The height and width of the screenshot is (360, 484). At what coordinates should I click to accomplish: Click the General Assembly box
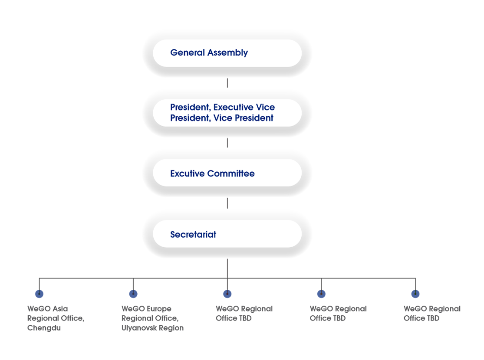tap(227, 53)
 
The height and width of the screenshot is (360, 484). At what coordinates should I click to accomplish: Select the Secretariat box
tap(227, 234)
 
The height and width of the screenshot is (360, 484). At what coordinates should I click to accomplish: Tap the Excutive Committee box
tap(227, 173)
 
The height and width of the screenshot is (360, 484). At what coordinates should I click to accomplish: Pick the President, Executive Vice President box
tap(227, 113)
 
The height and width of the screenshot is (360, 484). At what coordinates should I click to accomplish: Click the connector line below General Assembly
tap(227, 83)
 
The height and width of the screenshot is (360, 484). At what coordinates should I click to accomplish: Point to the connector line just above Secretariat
tap(227, 203)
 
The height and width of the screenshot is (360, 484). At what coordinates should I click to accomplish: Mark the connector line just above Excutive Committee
tap(227, 143)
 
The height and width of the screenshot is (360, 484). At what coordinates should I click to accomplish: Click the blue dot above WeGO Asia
tap(39, 294)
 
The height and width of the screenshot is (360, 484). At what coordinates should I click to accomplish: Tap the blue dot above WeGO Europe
tap(133, 294)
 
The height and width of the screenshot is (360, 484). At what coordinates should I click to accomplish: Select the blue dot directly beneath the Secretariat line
tap(227, 294)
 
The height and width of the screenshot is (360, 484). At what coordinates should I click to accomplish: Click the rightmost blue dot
tap(415, 294)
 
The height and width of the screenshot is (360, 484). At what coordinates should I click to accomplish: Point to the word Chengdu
tap(44, 328)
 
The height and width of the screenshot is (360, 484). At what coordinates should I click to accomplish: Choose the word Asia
tap(60, 309)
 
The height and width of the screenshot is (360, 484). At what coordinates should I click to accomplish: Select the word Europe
tap(159, 309)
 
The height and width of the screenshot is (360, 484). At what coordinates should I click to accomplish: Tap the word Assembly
tap(228, 53)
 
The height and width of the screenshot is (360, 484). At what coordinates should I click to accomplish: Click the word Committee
tap(231, 173)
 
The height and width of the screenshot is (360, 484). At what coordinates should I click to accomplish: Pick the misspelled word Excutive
tap(188, 173)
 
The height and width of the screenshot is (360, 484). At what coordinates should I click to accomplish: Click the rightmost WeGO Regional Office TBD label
tap(432, 314)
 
